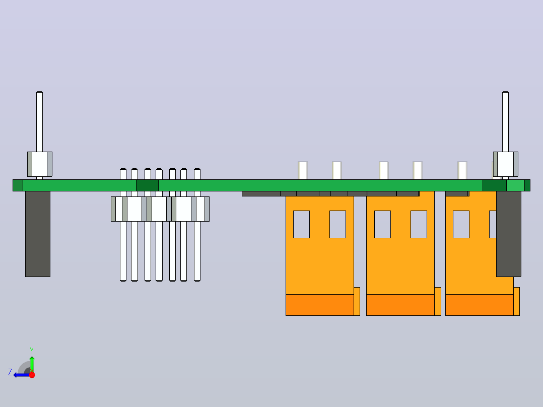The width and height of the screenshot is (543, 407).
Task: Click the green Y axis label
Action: [x=32, y=351]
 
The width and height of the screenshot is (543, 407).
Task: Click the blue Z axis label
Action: [x=10, y=372]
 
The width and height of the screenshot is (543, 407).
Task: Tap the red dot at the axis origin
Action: [x=32, y=375]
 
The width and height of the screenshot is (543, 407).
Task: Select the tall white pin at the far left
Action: [x=39, y=121]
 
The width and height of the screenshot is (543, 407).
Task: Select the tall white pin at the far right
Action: [x=505, y=121]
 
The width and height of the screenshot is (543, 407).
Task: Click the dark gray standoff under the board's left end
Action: [x=38, y=234]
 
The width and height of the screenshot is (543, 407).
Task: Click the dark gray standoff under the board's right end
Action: [x=508, y=234]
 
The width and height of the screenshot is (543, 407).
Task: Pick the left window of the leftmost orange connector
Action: [x=301, y=225]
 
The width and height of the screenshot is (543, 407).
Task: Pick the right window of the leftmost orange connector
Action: [x=337, y=225]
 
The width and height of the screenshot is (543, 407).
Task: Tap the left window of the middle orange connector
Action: [x=382, y=225]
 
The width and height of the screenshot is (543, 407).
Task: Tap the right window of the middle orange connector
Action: [x=419, y=225]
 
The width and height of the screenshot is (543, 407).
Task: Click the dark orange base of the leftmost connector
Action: [x=320, y=305]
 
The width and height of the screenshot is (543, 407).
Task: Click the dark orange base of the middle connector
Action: [x=400, y=305]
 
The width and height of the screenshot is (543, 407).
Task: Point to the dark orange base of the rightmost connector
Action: [x=480, y=305]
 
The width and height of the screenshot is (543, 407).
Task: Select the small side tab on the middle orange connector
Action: [x=438, y=301]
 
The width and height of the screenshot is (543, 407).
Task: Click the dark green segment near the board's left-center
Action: [x=147, y=185]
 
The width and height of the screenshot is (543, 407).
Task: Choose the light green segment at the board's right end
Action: [x=515, y=185]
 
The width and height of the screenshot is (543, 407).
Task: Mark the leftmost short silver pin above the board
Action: [x=303, y=170]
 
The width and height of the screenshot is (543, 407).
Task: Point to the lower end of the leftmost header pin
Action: [x=123, y=280]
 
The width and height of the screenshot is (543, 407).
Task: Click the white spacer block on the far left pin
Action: [x=40, y=164]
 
